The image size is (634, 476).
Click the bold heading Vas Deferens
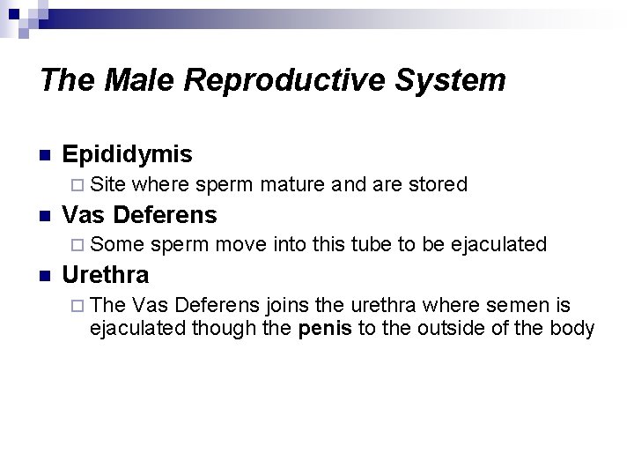click(x=140, y=214)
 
